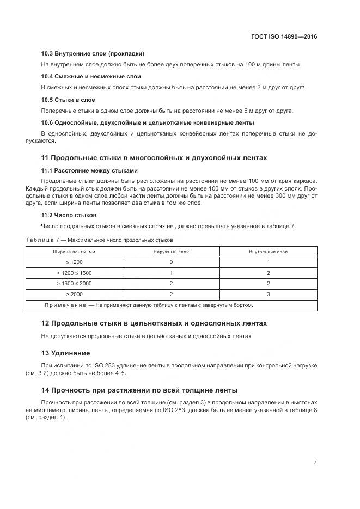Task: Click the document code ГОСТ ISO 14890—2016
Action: pos(284,36)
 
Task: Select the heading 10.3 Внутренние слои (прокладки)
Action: pos(93,54)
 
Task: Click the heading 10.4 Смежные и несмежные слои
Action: pos(91,77)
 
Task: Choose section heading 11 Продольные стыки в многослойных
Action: pos(154,158)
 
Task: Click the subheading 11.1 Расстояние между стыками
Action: pos(90,170)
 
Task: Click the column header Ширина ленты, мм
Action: pos(74,252)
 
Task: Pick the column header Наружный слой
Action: pos(171,252)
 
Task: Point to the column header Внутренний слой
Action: pos(268,252)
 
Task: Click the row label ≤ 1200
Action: pos(74,262)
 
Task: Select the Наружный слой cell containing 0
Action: pos(171,262)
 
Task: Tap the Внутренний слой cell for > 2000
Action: pos(268,294)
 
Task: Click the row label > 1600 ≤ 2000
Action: pos(74,284)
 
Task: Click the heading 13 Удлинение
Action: pos(66,353)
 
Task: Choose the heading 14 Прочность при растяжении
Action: pos(139,390)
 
